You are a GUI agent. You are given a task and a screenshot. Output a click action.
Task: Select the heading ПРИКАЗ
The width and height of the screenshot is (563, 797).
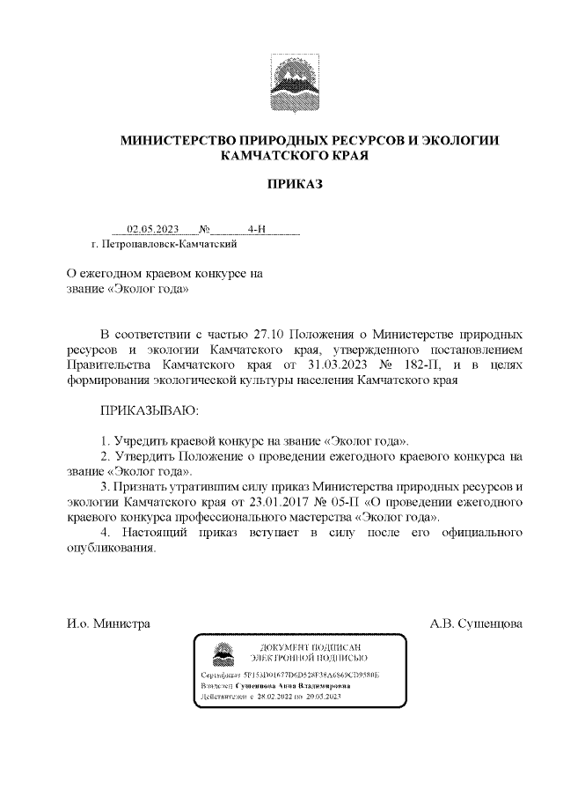click(x=296, y=185)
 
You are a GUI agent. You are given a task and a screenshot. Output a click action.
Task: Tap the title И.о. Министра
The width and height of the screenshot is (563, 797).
click(x=108, y=624)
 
